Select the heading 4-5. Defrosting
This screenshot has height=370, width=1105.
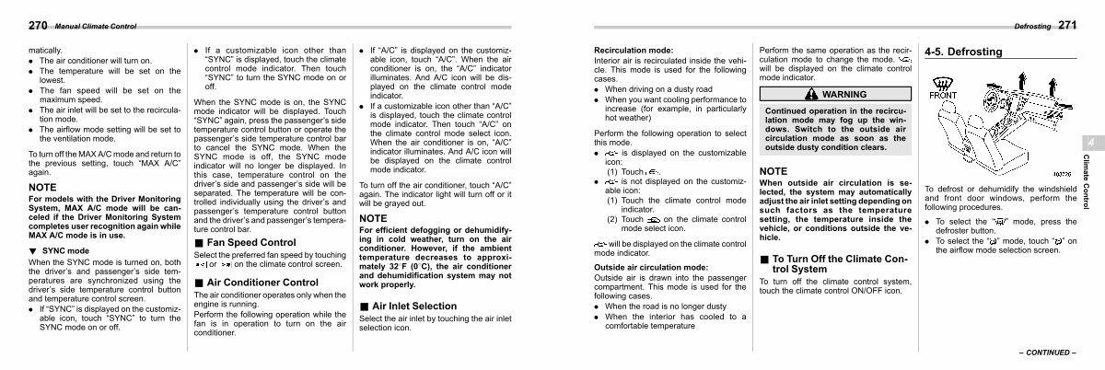click(963, 52)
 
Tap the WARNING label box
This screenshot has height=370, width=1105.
click(833, 94)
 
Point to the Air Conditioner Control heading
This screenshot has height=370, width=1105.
click(257, 282)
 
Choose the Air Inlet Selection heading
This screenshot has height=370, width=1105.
click(413, 306)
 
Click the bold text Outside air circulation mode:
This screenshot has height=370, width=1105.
click(651, 267)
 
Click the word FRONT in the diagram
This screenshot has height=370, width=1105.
click(944, 94)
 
